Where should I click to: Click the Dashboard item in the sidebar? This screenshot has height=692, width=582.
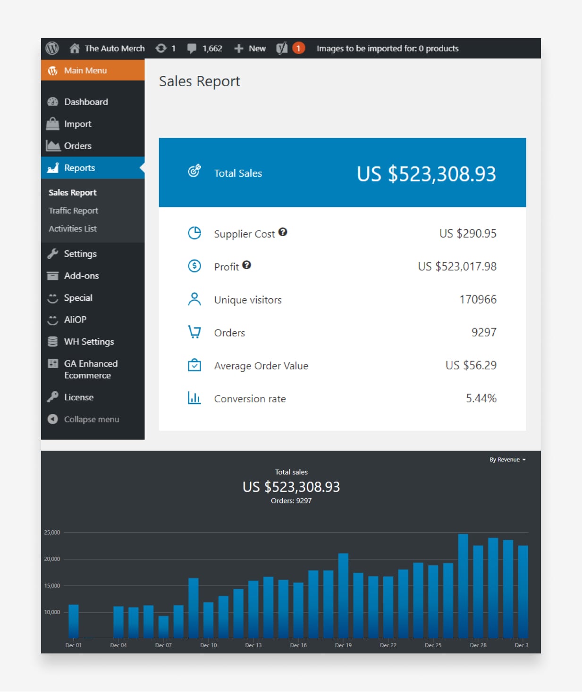pos(85,102)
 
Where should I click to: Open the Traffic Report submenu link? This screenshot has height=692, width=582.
pos(73,211)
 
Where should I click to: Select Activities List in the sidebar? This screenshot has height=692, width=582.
pos(73,229)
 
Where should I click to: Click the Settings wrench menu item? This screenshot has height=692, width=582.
pos(80,254)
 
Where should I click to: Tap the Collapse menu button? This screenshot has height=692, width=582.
pos(91,419)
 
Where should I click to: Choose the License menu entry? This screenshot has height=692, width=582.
pos(78,397)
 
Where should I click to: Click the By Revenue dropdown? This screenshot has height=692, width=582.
pos(507,460)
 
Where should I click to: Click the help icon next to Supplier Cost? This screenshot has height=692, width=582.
pos(283,232)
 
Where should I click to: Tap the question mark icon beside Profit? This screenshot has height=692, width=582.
pos(246,265)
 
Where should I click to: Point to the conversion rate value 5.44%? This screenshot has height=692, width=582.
pos(481,398)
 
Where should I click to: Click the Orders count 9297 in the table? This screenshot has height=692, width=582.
pos(484,332)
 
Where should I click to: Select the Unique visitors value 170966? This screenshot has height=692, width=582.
pos(478,299)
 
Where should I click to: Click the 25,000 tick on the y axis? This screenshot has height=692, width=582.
pos(52,533)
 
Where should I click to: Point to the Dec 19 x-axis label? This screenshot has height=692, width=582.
pos(343,645)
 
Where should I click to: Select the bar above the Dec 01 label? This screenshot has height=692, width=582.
pos(74,621)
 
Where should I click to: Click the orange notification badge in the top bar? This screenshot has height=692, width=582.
pos(298,48)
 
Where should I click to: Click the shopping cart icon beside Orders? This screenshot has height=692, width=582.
pos(194,332)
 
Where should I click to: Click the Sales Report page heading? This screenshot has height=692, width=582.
pos(199,82)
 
